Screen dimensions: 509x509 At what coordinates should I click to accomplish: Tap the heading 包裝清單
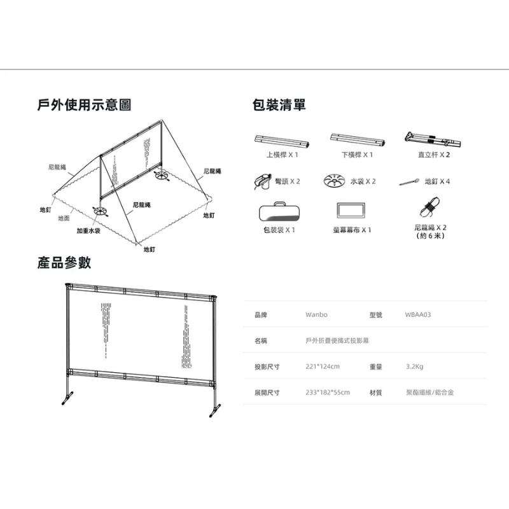pos(279,105)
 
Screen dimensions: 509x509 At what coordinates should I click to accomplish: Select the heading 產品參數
pos(64,262)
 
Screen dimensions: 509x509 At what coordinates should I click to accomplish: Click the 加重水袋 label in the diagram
pos(89,231)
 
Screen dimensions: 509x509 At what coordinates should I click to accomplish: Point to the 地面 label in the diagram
pos(64,218)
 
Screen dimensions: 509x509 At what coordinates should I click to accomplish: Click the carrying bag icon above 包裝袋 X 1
pos(280,211)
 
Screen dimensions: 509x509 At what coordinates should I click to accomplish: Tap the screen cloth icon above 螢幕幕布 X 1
pos(352,211)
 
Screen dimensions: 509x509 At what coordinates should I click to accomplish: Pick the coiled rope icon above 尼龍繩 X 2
pos(430,208)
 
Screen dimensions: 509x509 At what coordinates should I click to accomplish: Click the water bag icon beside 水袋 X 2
pos(336,181)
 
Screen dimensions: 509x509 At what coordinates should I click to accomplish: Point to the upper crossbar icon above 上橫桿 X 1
pos(280,140)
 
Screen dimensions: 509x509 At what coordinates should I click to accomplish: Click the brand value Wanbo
pos(316,314)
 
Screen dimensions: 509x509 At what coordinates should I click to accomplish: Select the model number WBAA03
pos(418,314)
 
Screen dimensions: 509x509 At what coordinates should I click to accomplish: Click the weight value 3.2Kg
pos(414,366)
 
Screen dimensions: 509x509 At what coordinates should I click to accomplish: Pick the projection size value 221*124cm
pos(323,366)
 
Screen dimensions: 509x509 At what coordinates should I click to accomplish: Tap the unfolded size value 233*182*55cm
pos(328,393)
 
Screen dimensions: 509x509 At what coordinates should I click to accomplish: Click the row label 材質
pos(375,393)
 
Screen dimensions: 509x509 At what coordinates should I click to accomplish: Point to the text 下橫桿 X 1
pos(356,155)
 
